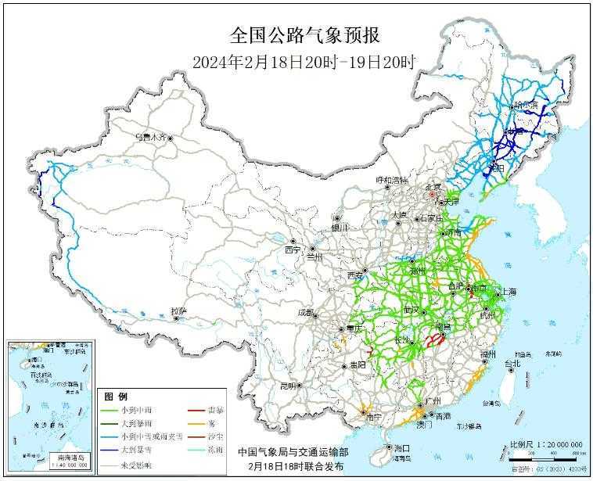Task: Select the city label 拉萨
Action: [178, 311]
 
